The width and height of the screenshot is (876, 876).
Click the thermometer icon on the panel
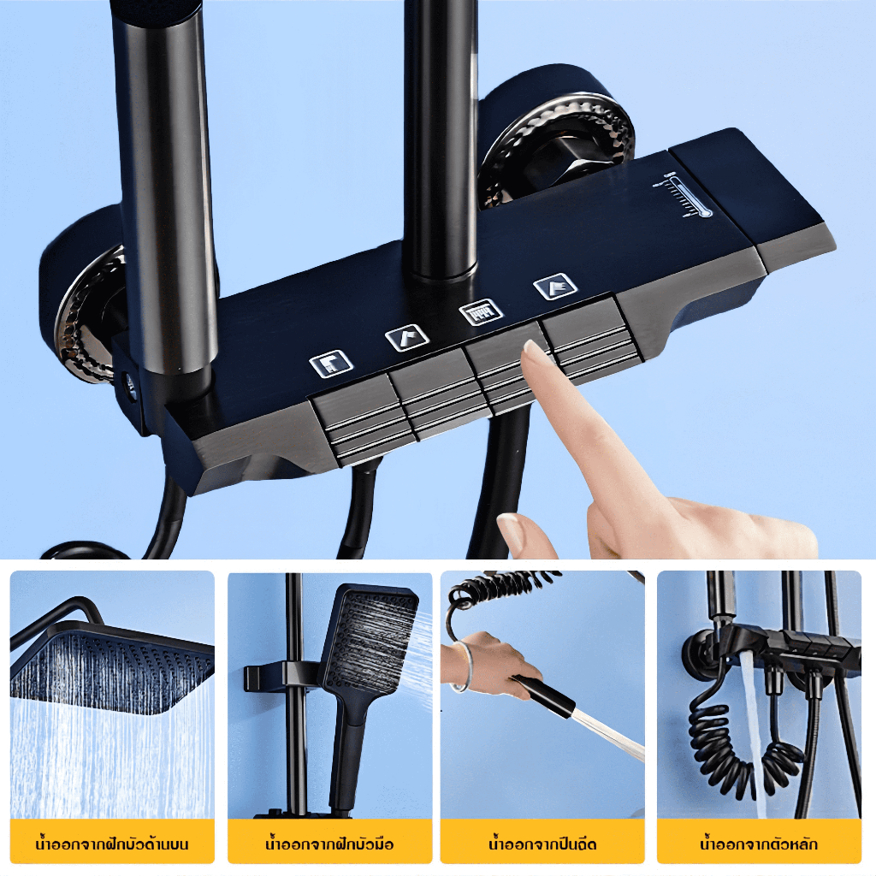683,196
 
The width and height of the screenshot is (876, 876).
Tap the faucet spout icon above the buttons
331,364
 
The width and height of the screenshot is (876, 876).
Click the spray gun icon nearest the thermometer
555,287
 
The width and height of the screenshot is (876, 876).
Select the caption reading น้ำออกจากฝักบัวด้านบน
112,843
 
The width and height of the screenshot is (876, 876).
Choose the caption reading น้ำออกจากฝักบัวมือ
329,843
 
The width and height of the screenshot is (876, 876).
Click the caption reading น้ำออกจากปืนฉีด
542,843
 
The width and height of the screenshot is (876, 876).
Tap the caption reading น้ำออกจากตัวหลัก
759,843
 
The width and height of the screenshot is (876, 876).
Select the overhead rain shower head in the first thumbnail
112,666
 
